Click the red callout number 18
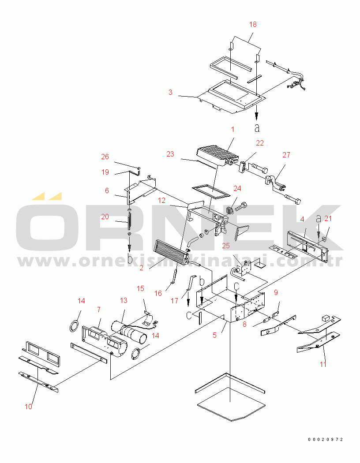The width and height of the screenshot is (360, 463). (x=253, y=25)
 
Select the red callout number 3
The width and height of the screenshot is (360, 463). (x=170, y=93)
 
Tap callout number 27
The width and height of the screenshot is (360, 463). (x=286, y=155)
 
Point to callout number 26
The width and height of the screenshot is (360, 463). (x=105, y=157)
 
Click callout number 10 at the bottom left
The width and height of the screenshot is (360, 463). (x=28, y=407)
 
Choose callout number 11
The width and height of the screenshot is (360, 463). (x=323, y=364)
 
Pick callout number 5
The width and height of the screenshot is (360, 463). (x=215, y=335)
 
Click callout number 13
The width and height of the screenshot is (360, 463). (x=124, y=301)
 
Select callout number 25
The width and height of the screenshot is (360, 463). (x=226, y=246)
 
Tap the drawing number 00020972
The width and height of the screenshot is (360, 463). (x=326, y=439)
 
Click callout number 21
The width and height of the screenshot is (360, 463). (x=328, y=219)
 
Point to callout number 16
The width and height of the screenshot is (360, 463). (x=158, y=293)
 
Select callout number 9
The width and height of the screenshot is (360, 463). (x=276, y=293)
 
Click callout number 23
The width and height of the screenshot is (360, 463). (x=170, y=154)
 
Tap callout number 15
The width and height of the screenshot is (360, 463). (x=141, y=288)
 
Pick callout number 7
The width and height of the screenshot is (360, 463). (x=99, y=310)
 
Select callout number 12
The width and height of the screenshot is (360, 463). (x=161, y=201)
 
